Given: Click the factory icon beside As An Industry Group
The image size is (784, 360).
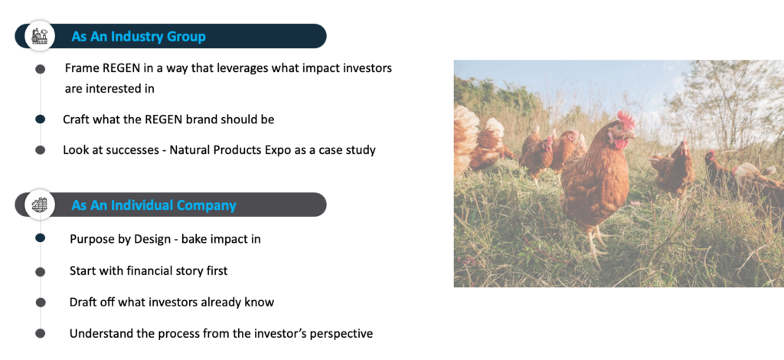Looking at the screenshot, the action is [40, 36].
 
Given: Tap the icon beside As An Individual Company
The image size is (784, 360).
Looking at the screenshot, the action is [40, 205].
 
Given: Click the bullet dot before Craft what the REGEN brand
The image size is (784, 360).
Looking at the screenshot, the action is [40, 119].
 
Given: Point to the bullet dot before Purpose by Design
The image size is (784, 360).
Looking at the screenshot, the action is [40, 238].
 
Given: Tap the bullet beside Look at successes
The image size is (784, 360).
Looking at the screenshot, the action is [40, 150].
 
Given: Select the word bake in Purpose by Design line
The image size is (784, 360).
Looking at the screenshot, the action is [194, 239].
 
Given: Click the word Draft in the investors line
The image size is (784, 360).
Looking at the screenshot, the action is [83, 302].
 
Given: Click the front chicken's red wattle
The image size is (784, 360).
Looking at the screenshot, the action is [621, 143].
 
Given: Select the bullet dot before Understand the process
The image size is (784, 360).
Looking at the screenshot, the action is [40, 333].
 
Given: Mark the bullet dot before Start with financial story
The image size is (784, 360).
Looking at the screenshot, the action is [40, 271].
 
